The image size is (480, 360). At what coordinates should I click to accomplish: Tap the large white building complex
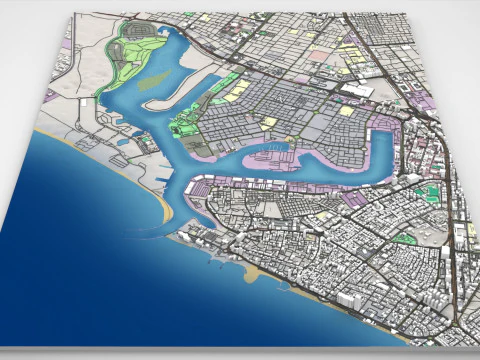[x=357, y=90]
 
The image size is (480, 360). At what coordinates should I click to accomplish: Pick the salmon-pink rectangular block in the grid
[x=317, y=59]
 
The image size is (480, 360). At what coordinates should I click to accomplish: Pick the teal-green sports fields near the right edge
[x=430, y=191]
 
